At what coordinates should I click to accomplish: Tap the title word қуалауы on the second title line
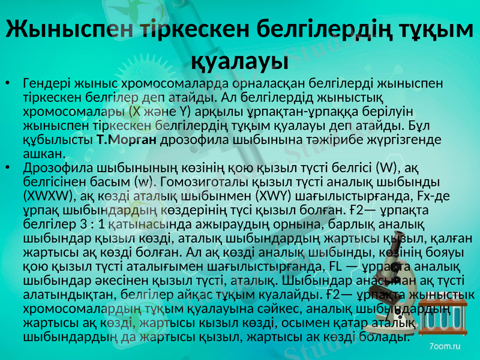(x=239, y=60)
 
